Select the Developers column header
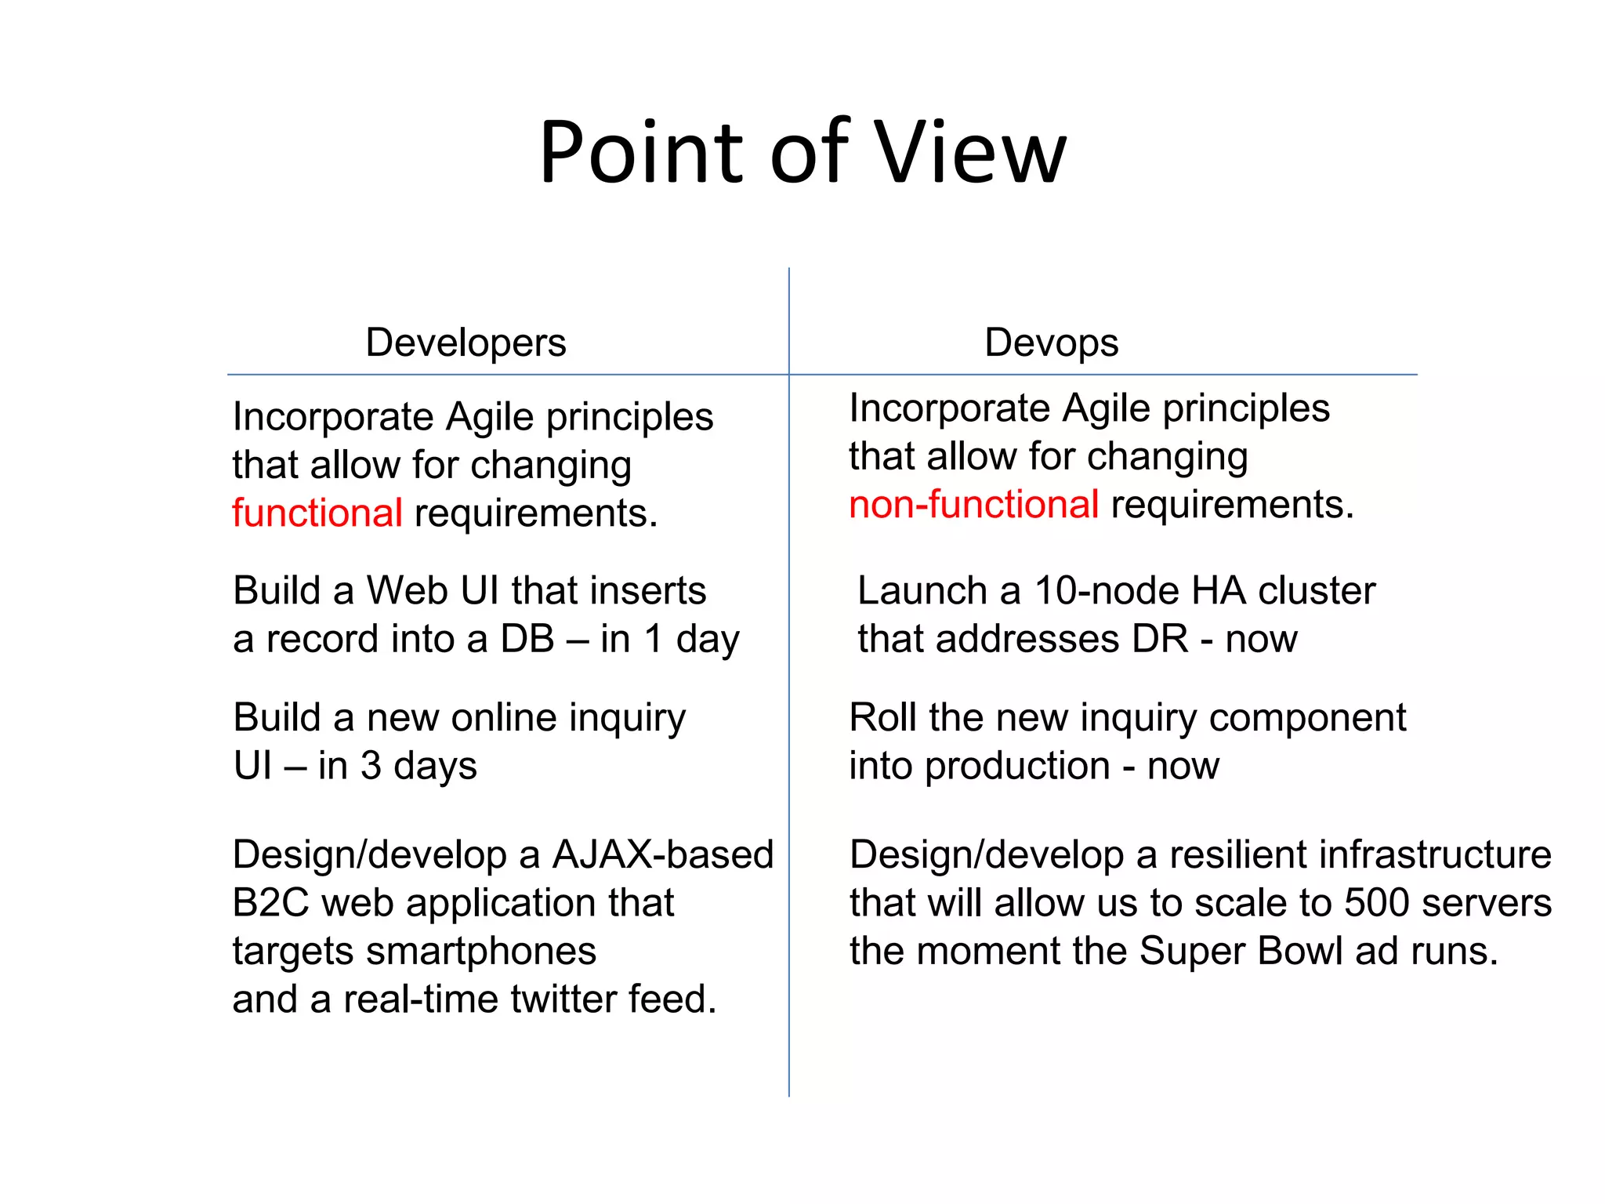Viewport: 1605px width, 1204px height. click(x=466, y=343)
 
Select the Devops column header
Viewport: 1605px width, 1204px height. click(x=1051, y=343)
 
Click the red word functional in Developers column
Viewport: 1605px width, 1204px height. click(x=317, y=513)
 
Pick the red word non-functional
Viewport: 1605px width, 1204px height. click(x=973, y=505)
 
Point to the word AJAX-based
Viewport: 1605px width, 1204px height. click(x=662, y=854)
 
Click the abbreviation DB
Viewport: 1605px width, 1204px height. click(x=527, y=639)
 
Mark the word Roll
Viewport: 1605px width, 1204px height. click(x=882, y=718)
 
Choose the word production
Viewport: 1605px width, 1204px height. click(x=1016, y=767)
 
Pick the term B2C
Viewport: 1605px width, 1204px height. click(x=271, y=903)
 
